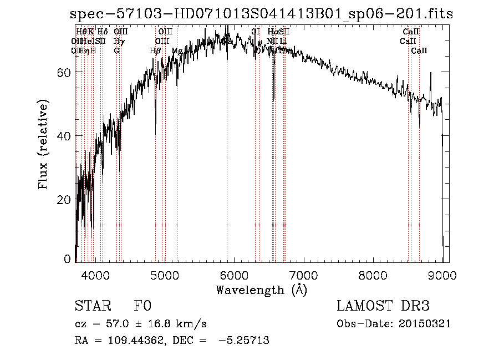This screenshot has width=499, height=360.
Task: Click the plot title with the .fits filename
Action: coord(262,14)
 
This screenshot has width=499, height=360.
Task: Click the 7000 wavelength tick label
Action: coord(304,274)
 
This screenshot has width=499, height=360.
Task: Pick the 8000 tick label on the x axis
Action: coord(373,274)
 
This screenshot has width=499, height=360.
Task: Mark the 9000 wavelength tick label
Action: coord(442,274)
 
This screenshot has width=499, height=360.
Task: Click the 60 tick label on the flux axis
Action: coord(65,73)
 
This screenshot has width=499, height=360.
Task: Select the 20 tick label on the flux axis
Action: coord(65,200)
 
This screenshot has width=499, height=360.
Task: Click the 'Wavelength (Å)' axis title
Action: coord(262,290)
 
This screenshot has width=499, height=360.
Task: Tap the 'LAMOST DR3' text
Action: coord(383,307)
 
